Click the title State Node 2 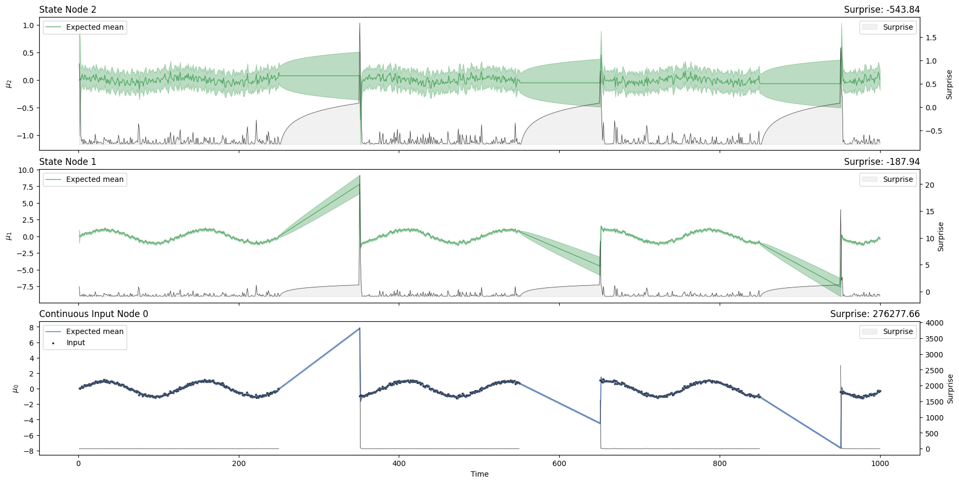click(x=68, y=10)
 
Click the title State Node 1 click(x=68, y=162)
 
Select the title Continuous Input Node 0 click(x=94, y=314)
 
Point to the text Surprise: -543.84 click(x=882, y=10)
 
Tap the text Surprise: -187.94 click(x=882, y=162)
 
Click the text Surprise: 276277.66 click(x=875, y=314)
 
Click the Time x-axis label click(x=479, y=474)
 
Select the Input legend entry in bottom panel click(x=76, y=343)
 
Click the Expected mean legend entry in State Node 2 click(x=94, y=27)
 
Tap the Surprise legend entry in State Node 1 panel click(x=898, y=179)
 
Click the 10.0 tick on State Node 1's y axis click(x=26, y=170)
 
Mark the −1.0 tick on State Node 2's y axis click(x=26, y=136)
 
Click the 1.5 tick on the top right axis click(x=930, y=38)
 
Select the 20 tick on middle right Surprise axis click(x=929, y=185)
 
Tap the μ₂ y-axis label click(x=8, y=83)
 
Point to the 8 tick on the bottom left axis click(x=31, y=328)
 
